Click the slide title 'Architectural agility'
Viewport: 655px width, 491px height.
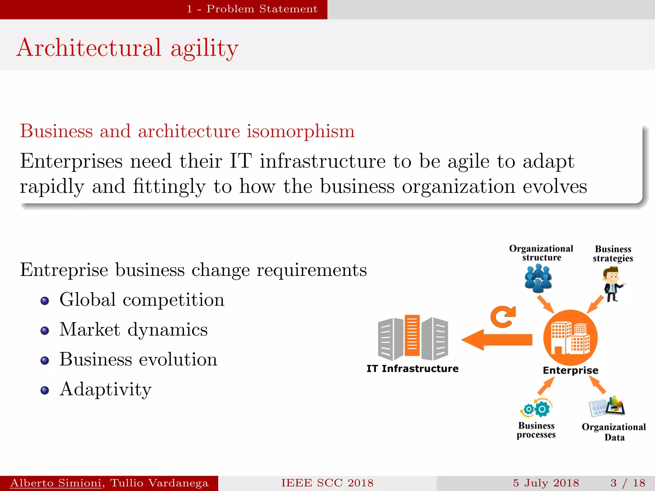coord(128,48)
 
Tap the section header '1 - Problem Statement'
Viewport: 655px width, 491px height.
coord(252,9)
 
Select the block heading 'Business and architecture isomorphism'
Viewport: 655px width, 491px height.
coord(187,131)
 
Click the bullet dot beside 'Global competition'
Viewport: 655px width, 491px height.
coord(45,301)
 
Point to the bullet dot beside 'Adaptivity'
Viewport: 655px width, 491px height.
coord(45,390)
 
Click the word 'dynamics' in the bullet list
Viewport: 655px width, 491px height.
coord(168,330)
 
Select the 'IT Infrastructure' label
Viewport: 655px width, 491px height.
coord(412,369)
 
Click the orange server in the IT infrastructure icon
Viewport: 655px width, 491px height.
coord(412,335)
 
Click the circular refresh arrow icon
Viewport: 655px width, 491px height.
coord(503,317)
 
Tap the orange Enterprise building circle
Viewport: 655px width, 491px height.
coord(570,338)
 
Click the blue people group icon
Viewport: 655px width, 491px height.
coord(538,279)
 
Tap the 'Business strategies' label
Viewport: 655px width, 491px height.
coord(613,253)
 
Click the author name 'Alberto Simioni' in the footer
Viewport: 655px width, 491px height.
coord(56,483)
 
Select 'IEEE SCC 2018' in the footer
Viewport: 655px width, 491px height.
coord(327,483)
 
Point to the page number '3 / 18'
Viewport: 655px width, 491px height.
coord(628,483)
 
